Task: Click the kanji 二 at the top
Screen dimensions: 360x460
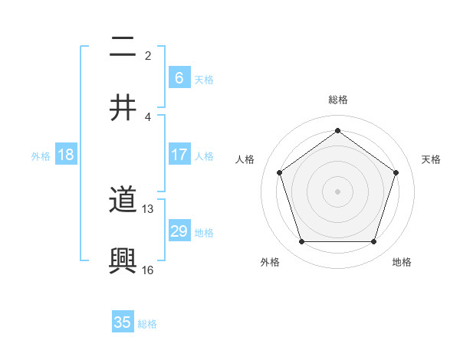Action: click(x=123, y=48)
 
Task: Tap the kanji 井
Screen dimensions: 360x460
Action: click(x=123, y=107)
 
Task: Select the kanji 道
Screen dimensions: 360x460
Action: click(x=123, y=201)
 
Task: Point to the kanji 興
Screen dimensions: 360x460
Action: click(x=123, y=260)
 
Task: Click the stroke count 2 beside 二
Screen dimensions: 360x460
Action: click(x=148, y=56)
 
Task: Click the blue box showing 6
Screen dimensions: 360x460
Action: click(x=179, y=77)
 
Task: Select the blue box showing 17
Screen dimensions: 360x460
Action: click(x=179, y=154)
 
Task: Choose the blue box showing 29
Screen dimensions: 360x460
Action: click(x=179, y=231)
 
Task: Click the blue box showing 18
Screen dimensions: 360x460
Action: click(x=66, y=154)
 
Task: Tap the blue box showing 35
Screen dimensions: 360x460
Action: click(x=123, y=322)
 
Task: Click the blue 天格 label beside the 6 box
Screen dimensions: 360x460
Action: click(x=204, y=80)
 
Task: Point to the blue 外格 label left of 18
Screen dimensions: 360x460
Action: click(x=41, y=156)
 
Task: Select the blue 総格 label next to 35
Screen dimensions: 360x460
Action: click(x=147, y=324)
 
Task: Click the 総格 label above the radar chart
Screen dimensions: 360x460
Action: click(x=338, y=100)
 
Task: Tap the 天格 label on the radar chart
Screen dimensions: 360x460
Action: click(x=432, y=159)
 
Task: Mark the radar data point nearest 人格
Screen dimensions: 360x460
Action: click(x=279, y=172)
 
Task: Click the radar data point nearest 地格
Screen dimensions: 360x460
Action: click(x=373, y=242)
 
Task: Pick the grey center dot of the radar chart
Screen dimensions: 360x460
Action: click(x=337, y=191)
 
